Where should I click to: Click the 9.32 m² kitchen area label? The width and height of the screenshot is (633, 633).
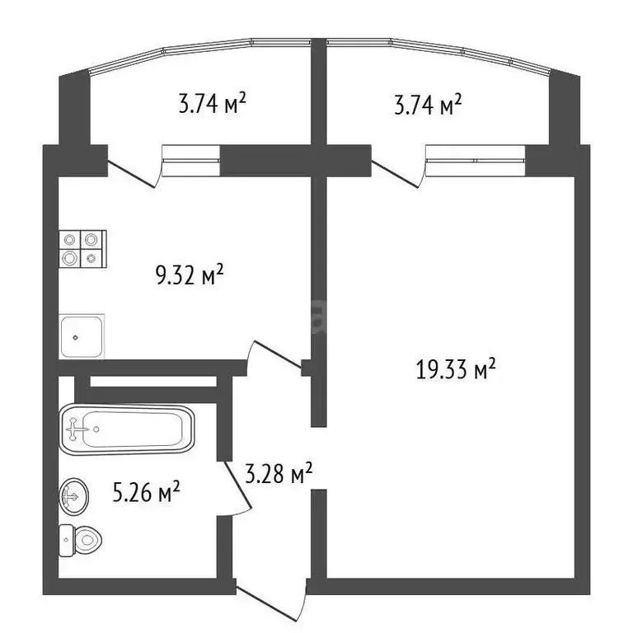pyautogui.click(x=190, y=276)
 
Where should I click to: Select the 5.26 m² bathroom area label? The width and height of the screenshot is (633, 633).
pyautogui.click(x=147, y=494)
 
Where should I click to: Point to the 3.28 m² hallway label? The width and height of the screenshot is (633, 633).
pyautogui.click(x=279, y=473)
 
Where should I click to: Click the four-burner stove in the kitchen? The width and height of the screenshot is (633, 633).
pyautogui.click(x=83, y=248)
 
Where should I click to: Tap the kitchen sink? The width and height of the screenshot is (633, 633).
pyautogui.click(x=82, y=335)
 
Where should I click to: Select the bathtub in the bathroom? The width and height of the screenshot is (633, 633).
pyautogui.click(x=127, y=429)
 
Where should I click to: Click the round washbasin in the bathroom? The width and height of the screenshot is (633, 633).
pyautogui.click(x=73, y=497)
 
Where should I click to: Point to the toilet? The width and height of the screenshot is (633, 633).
pyautogui.click(x=80, y=542)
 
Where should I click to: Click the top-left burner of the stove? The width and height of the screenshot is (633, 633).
pyautogui.click(x=70, y=239)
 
